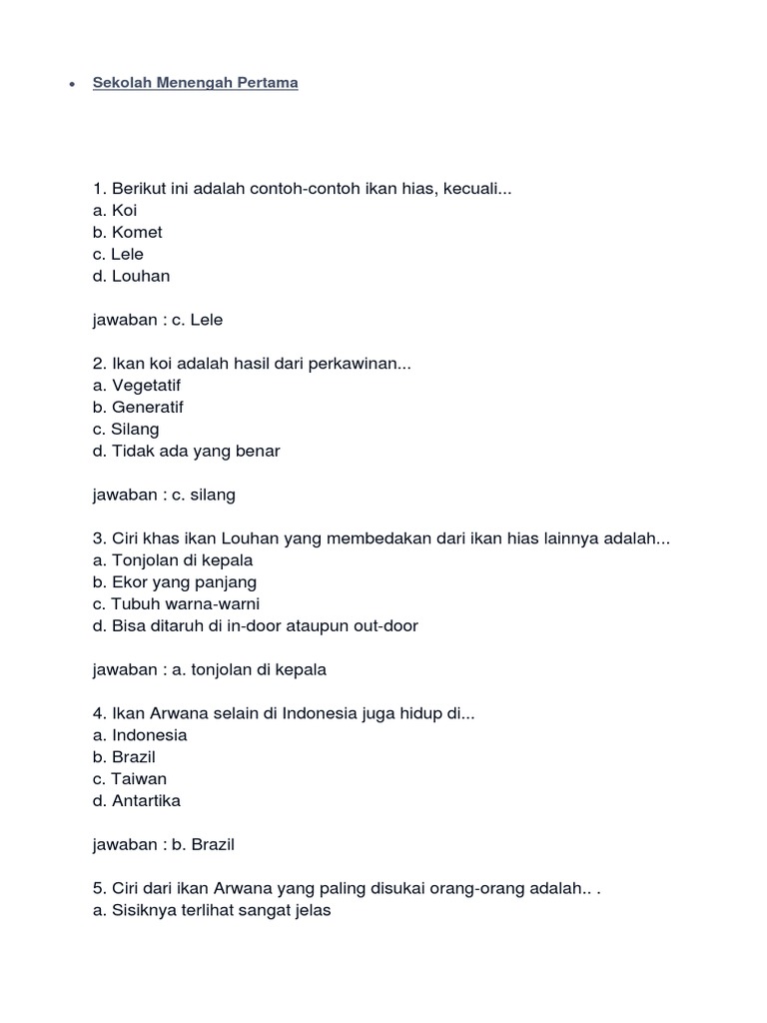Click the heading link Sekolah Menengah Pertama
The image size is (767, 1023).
(196, 83)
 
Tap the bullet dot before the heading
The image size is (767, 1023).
(72, 85)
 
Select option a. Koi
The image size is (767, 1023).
(115, 211)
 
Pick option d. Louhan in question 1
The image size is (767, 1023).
(131, 277)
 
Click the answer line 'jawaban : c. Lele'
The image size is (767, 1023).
(157, 321)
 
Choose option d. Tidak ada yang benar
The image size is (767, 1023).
(186, 452)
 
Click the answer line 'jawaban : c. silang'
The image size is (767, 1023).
(164, 496)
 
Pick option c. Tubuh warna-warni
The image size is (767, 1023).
(177, 604)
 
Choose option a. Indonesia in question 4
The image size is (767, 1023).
(140, 735)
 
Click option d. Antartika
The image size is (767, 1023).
(137, 801)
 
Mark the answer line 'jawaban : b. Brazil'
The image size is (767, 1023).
(164, 845)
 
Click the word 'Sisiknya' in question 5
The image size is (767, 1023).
(142, 911)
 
